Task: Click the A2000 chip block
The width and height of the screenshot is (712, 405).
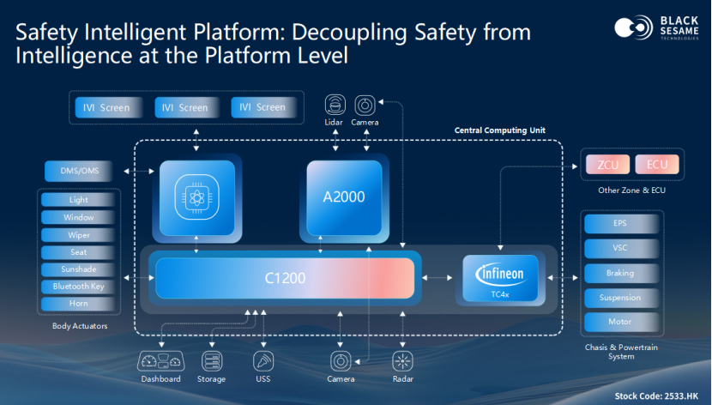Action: [345, 197]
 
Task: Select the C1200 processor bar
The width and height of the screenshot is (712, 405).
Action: [285, 278]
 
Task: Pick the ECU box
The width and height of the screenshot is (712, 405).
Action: [657, 164]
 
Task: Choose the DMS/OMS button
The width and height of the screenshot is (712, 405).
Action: [79, 172]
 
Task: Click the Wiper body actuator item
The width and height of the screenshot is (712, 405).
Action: [79, 235]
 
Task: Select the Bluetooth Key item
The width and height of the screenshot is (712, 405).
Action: [79, 287]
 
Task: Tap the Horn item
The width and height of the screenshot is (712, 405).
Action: [79, 304]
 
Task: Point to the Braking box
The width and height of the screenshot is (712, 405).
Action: [620, 273]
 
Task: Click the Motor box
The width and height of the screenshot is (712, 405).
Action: [620, 323]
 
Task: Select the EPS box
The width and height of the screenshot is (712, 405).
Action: [620, 224]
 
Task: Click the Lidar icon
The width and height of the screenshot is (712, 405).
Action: [335, 106]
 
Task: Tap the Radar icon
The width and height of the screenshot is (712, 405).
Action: [402, 360]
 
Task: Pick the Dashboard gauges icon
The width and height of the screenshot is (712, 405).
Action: [161, 360]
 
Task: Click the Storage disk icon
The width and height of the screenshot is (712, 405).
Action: [211, 360]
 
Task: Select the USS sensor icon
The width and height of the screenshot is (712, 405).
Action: [262, 360]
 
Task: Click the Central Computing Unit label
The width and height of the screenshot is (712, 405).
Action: [500, 130]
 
